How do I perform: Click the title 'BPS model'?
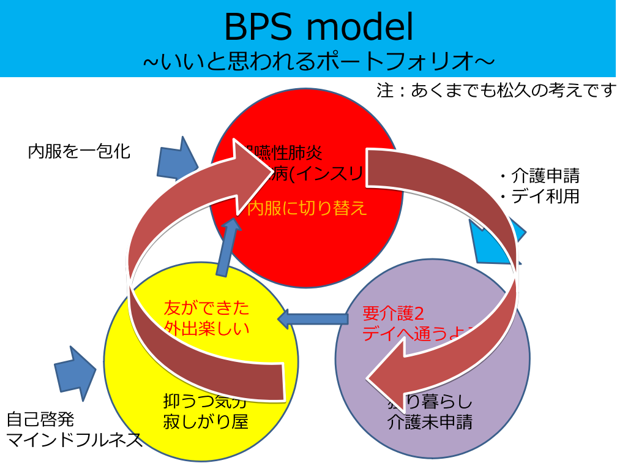click(x=318, y=27)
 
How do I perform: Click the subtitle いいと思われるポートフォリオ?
click(x=318, y=61)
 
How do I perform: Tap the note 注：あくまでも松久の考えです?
click(x=496, y=91)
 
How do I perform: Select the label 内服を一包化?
click(x=79, y=151)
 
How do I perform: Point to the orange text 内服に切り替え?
click(x=307, y=209)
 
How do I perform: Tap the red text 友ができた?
click(x=207, y=307)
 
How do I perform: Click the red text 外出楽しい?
click(x=207, y=328)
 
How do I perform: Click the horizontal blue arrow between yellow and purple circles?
click(x=312, y=318)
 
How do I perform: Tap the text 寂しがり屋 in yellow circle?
click(x=206, y=422)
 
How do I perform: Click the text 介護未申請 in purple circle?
click(x=430, y=422)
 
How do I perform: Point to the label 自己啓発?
click(x=40, y=420)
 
